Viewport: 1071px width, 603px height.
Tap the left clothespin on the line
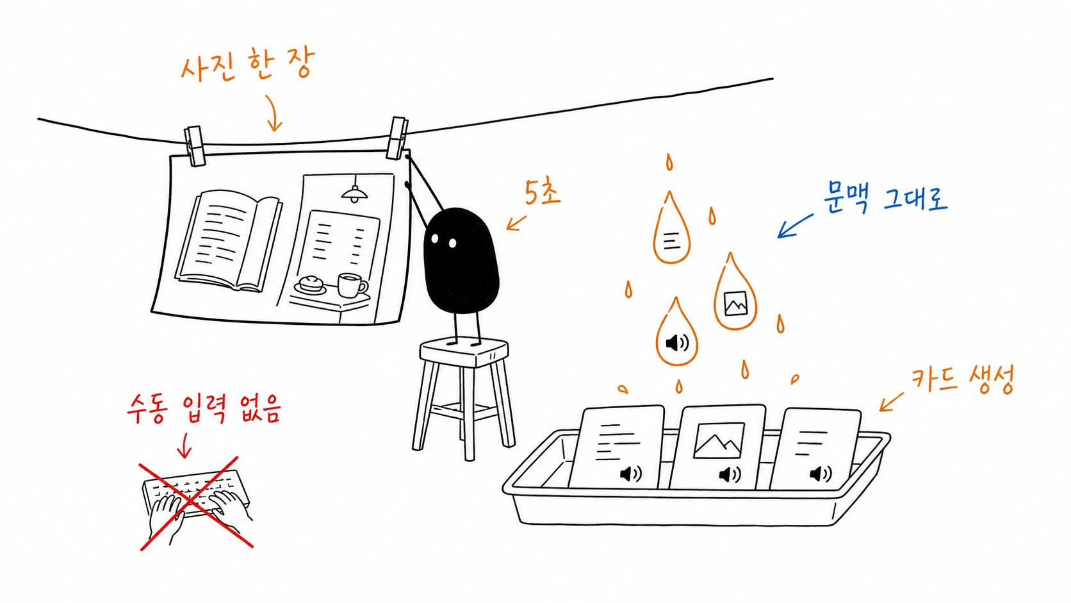(x=195, y=146)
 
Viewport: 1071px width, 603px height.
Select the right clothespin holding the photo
(x=397, y=138)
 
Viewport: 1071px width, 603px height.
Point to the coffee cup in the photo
(x=352, y=285)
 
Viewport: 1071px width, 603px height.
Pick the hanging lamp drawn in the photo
(x=355, y=190)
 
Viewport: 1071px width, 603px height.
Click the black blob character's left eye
(x=435, y=238)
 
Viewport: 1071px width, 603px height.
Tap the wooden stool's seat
(x=464, y=351)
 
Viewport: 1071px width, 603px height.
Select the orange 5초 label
(x=542, y=193)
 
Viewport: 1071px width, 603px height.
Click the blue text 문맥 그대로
(x=885, y=197)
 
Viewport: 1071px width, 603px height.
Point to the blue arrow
(x=795, y=226)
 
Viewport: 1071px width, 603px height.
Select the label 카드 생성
(x=962, y=380)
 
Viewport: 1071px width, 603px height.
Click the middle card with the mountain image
(x=717, y=447)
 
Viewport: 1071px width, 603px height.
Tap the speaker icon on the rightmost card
(x=821, y=474)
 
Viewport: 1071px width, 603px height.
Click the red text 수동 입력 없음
(x=204, y=409)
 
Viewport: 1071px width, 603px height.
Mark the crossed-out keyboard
(x=196, y=502)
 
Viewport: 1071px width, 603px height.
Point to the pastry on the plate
(x=312, y=282)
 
